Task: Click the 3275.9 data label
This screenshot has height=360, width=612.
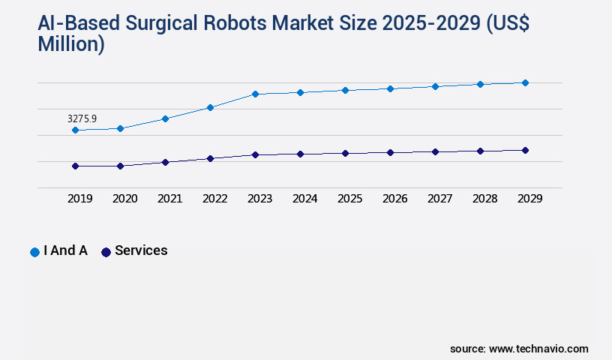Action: click(x=82, y=118)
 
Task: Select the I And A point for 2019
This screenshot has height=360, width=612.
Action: click(x=75, y=130)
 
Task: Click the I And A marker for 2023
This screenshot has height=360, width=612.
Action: click(x=255, y=94)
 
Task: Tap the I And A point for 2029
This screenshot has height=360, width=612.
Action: click(x=525, y=82)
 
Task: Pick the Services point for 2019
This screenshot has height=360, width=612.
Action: click(x=75, y=166)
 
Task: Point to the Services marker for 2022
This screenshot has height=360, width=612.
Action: click(x=210, y=158)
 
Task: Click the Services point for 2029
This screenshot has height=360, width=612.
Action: click(x=525, y=150)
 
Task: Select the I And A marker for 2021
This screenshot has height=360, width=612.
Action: click(x=165, y=118)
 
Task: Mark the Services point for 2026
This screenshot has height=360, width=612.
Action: click(x=390, y=152)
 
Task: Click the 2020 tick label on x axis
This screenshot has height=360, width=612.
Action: click(x=124, y=199)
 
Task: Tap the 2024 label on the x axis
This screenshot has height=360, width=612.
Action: click(x=304, y=199)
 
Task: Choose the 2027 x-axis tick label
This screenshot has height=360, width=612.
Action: click(x=439, y=199)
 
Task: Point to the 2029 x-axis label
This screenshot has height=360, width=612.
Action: click(x=529, y=199)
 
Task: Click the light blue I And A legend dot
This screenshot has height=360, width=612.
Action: click(x=34, y=252)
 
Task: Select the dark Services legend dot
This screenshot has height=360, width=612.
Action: click(x=106, y=252)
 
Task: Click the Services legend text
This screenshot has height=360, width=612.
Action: click(x=141, y=250)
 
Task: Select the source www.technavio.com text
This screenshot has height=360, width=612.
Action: click(x=519, y=349)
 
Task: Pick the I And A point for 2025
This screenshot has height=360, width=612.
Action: click(x=345, y=90)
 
